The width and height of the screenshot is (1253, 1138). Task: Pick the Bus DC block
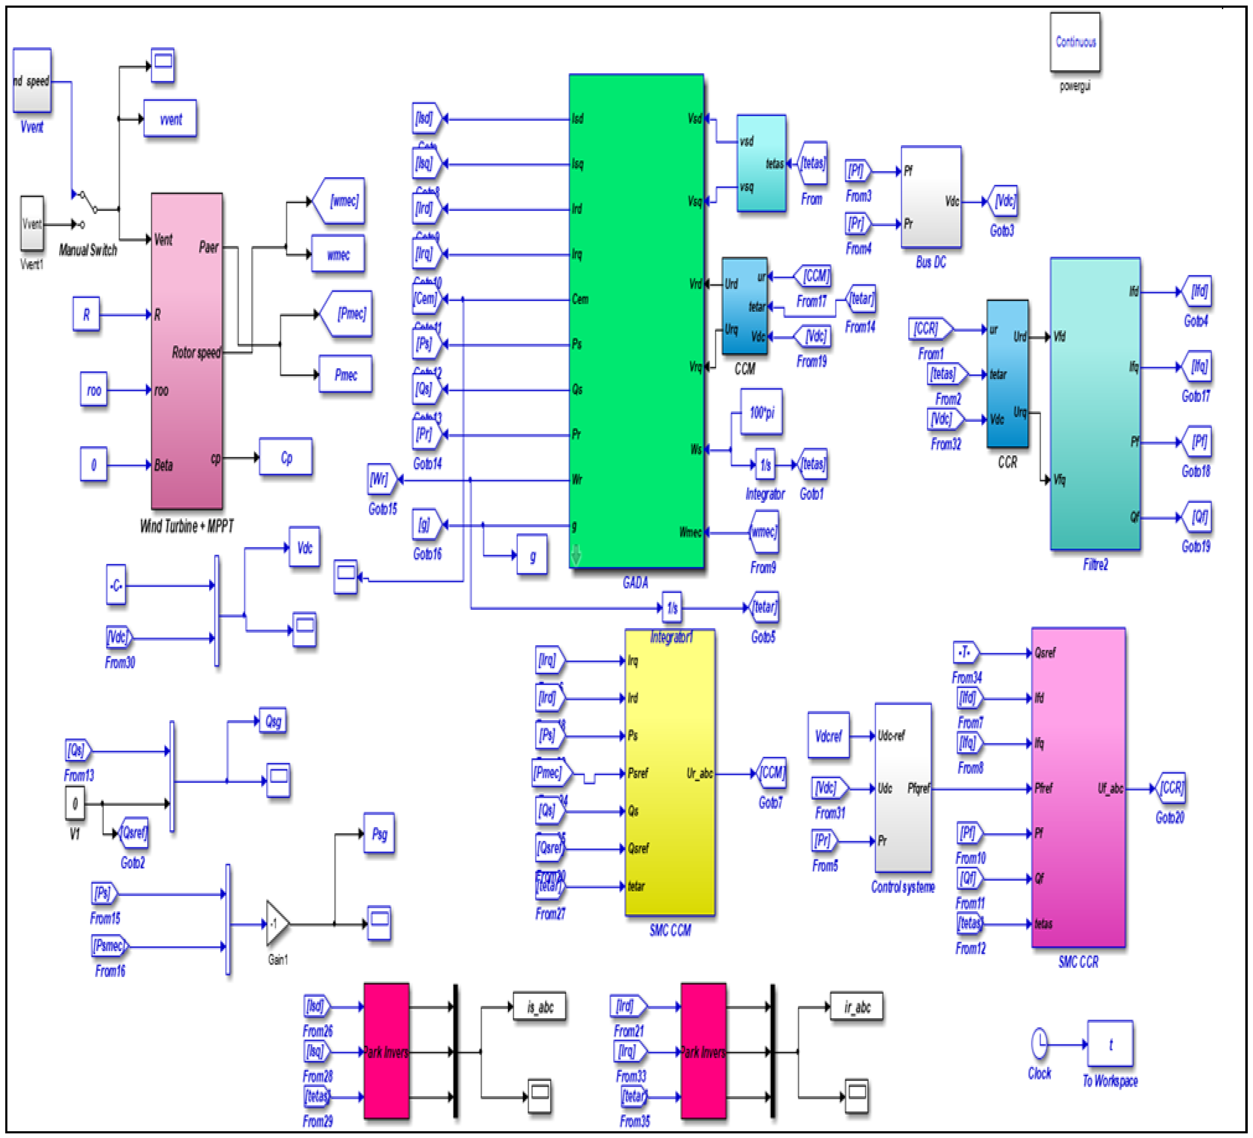coord(931,197)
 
